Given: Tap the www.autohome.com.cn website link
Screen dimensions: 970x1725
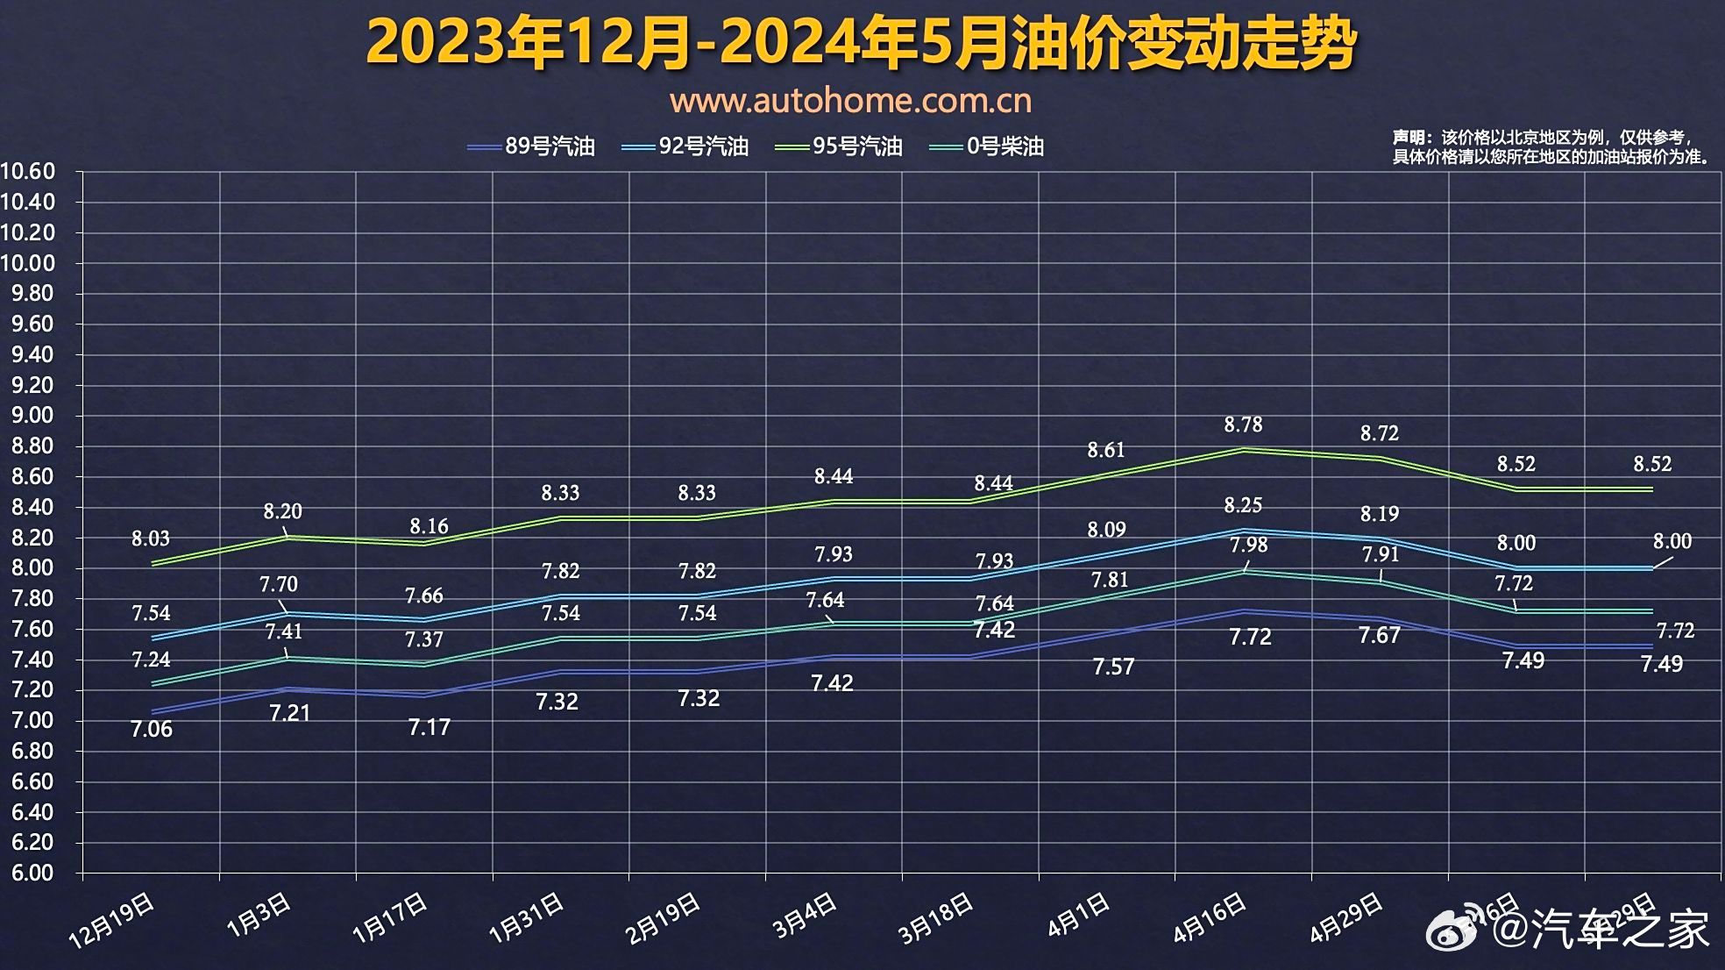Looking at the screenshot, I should (850, 101).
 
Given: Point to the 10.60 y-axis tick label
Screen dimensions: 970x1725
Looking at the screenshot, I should (28, 171).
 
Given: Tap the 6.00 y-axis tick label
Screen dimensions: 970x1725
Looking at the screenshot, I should (32, 873).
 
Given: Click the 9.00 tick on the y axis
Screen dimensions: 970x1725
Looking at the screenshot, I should (32, 415).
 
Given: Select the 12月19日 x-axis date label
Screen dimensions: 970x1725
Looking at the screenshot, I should (112, 921).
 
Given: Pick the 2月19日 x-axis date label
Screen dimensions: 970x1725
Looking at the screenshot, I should (663, 918).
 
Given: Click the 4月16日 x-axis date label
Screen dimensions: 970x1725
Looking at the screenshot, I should (1210, 918).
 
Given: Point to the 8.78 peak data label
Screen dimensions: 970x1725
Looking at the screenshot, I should (1243, 425).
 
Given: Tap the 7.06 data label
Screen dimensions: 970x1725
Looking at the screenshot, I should (152, 729).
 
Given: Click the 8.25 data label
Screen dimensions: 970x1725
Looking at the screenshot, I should (1243, 505).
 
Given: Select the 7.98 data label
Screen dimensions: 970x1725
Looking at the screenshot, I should (1248, 545).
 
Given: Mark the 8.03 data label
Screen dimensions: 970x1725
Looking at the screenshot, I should (151, 538).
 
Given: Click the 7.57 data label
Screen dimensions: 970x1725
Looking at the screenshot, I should (1113, 667).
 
